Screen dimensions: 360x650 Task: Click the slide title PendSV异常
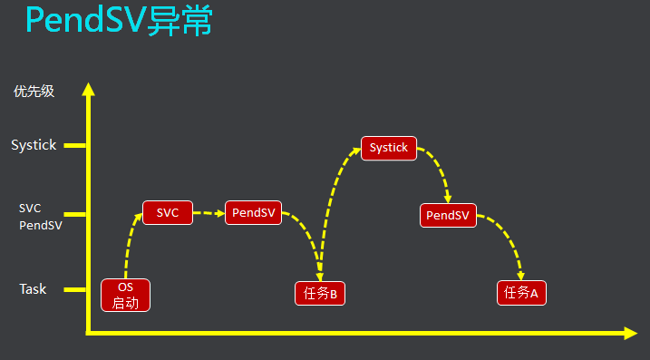pos(119,21)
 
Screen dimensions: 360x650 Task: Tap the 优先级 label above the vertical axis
pos(34,92)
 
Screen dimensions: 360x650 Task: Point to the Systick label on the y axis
pos(34,145)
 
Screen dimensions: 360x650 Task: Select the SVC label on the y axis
pos(30,208)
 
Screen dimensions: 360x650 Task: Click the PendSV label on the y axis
pos(41,226)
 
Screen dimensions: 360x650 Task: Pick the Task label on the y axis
pos(33,289)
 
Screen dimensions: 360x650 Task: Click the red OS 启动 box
pos(125,295)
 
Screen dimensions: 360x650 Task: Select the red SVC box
pos(168,213)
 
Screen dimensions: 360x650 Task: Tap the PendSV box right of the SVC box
pos(253,213)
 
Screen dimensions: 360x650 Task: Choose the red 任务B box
pos(320,293)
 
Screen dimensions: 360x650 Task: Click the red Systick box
pos(389,148)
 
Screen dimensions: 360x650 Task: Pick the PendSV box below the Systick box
pos(448,215)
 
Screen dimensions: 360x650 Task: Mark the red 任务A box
pos(521,293)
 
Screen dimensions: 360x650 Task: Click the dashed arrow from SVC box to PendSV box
pos(208,213)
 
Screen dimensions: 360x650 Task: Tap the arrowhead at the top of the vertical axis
pos(88,89)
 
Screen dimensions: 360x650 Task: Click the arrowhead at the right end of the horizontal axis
pos(631,334)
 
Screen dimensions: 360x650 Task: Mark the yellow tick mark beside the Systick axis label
pos(74,145)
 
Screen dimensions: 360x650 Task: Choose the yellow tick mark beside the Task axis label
pos(74,289)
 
